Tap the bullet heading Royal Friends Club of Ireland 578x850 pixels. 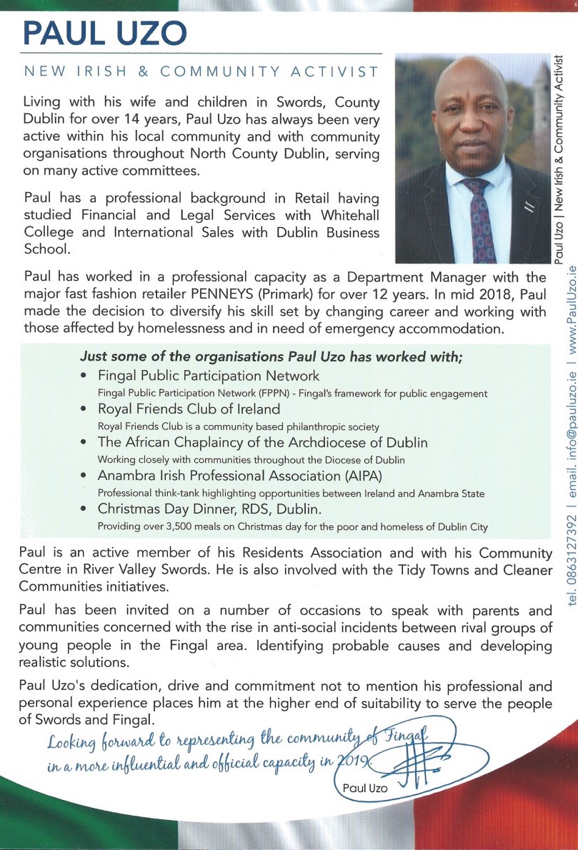coord(189,409)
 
